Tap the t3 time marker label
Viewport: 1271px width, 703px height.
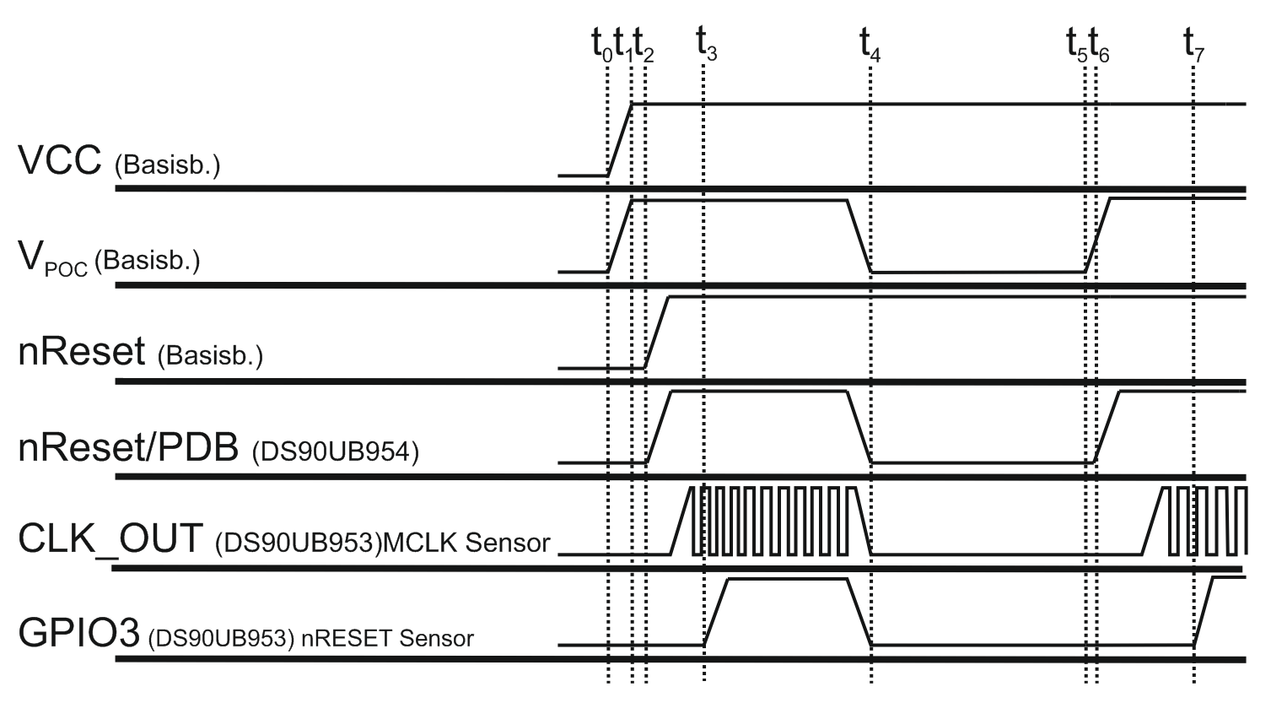707,43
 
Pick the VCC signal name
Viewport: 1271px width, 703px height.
60,160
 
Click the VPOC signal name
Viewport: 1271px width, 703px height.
53,259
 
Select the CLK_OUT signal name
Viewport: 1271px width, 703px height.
110,539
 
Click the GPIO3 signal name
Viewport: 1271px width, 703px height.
79,632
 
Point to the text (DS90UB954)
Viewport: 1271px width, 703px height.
336,452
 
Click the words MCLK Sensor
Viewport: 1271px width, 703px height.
466,543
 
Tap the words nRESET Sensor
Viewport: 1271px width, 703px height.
388,638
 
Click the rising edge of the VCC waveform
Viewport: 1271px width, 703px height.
620,140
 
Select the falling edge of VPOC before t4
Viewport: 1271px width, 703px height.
859,236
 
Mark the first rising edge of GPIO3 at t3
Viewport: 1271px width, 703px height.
716,612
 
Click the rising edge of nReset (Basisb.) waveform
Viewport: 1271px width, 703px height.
657,333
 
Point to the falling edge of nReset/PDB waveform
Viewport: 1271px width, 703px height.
859,427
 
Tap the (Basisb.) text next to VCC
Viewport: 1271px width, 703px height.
167,165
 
